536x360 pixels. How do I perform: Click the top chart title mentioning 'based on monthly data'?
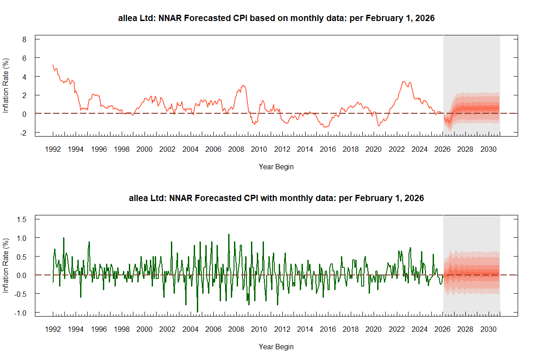(276, 18)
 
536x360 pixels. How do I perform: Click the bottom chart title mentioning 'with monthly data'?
(276, 198)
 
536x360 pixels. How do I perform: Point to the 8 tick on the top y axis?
(25, 39)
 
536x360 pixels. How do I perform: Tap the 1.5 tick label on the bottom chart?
(22, 219)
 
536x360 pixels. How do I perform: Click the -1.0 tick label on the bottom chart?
(21, 313)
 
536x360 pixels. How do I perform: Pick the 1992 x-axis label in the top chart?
(53, 149)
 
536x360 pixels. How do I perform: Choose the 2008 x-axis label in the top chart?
(236, 149)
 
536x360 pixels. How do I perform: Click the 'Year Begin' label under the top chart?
(276, 167)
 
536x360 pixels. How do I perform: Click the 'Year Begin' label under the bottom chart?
(276, 347)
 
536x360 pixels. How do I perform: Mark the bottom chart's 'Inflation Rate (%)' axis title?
(6, 266)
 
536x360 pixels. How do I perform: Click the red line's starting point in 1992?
(53, 65)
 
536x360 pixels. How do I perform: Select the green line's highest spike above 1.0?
(229, 234)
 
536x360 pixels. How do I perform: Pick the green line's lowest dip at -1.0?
(197, 312)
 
